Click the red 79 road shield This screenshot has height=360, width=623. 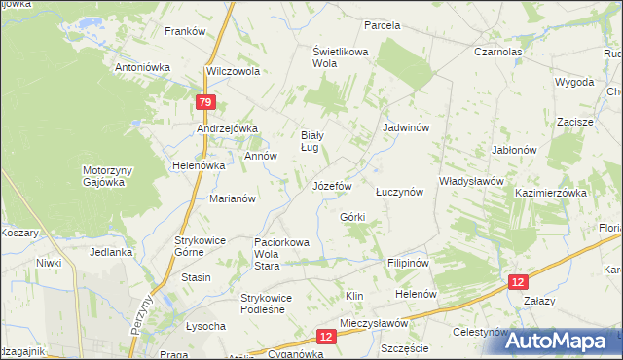coord(204,102)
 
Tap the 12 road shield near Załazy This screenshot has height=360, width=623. coord(519,281)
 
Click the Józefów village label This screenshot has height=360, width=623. coord(331,185)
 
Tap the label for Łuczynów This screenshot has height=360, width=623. coord(399,193)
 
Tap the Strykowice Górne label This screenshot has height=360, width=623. coord(201,245)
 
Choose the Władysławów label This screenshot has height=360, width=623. coord(470,181)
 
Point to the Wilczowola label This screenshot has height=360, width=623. coord(233,72)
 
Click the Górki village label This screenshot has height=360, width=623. coord(352,216)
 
